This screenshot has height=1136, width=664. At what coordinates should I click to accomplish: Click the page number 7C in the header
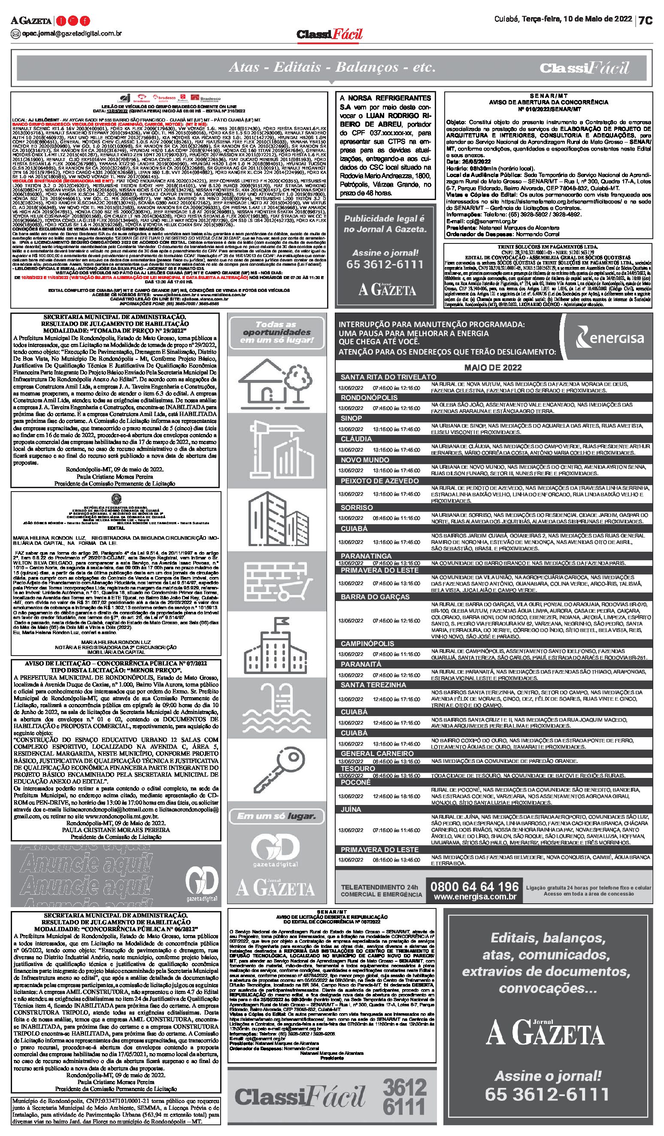tap(646, 21)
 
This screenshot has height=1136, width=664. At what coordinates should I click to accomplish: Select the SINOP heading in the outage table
tap(351, 418)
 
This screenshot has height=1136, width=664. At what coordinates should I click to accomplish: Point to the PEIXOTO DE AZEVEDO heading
tap(379, 481)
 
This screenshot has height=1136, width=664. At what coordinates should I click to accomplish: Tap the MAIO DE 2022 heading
tap(493, 368)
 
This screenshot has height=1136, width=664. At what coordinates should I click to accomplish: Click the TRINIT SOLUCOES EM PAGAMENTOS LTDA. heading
tap(548, 247)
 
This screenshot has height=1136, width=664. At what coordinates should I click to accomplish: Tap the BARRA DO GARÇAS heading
tap(375, 597)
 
